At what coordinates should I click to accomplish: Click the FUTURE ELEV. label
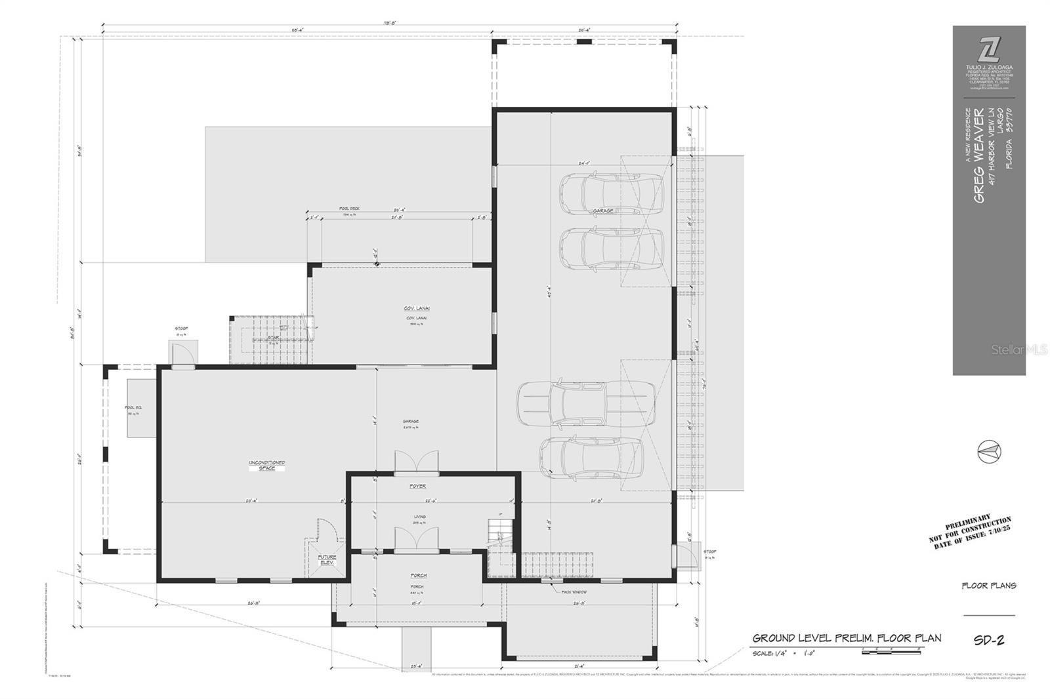coord(327,560)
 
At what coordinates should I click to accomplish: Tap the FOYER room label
coord(418,486)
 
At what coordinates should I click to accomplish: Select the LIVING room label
coord(419,517)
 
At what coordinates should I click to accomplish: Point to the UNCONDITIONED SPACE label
coord(266,466)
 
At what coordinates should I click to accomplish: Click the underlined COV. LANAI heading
coord(417,308)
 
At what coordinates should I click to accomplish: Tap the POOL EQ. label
coord(134,408)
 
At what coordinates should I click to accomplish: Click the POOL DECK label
coord(349,209)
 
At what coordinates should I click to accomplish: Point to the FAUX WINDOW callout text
coord(574,592)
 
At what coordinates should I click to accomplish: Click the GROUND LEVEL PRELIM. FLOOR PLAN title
coord(847,638)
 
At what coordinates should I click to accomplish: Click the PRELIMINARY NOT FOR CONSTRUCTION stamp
coord(970,534)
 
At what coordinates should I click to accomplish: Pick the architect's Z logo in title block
coord(989,49)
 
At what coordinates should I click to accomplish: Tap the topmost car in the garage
coord(611,193)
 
